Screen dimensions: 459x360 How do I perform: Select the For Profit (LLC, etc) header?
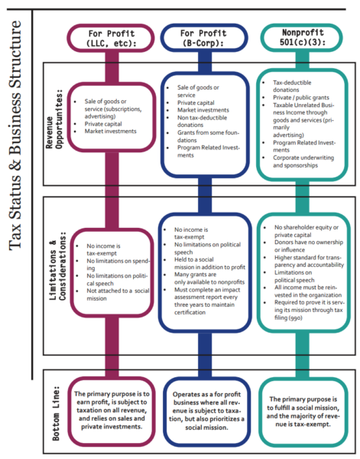coord(112,40)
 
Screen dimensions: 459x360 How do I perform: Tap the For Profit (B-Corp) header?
coord(203,40)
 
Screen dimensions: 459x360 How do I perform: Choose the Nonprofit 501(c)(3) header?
coord(296,39)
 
